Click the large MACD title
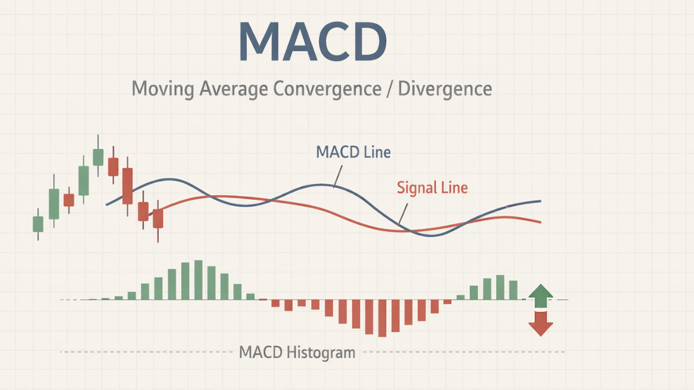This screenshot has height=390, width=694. pyautogui.click(x=312, y=43)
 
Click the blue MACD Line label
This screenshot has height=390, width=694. pyautogui.click(x=353, y=152)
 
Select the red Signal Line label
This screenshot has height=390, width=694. pyautogui.click(x=432, y=187)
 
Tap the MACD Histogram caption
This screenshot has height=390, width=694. pyautogui.click(x=297, y=352)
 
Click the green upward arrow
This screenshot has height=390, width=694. pyautogui.click(x=541, y=295)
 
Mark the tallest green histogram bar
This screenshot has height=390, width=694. pyautogui.click(x=198, y=280)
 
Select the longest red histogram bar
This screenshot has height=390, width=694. pyautogui.click(x=382, y=318)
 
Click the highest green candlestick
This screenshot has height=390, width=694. pyautogui.click(x=98, y=157)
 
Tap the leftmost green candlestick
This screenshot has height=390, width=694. pyautogui.click(x=38, y=224)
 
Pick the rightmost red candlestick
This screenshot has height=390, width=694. pyautogui.click(x=158, y=218)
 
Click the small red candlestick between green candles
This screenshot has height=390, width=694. pyautogui.click(x=69, y=200)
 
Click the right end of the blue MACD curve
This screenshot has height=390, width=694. pyautogui.click(x=540, y=201)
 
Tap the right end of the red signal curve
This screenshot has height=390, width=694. pyautogui.click(x=540, y=222)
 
